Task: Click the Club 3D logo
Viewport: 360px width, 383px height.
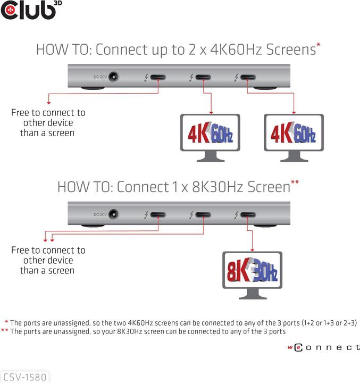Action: [x=28, y=11]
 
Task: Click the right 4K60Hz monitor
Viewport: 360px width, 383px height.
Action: [x=294, y=136]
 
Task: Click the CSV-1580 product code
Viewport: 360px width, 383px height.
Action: [x=24, y=377]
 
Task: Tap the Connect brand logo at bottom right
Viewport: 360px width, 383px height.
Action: [x=324, y=347]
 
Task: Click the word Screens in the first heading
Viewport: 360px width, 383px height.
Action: [x=290, y=51]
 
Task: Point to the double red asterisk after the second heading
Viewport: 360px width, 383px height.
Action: [x=295, y=183]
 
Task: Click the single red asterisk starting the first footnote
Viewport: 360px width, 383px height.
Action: [x=6, y=322]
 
